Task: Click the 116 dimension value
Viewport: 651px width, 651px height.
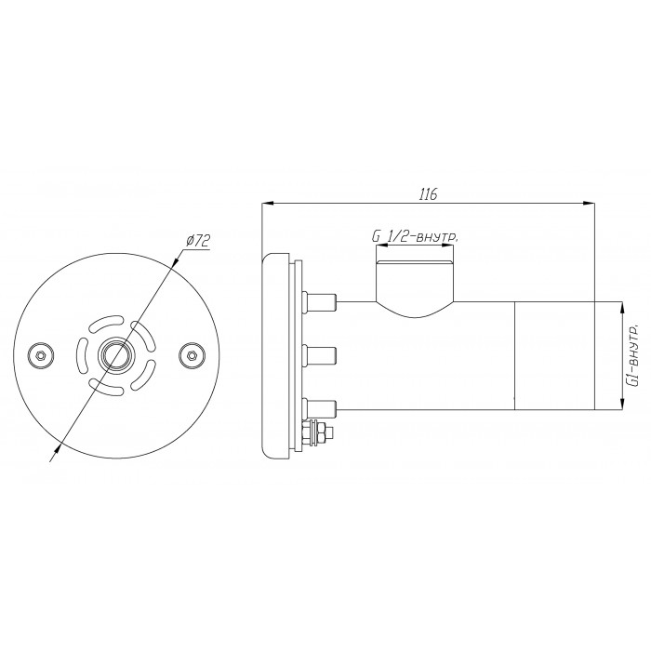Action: pyautogui.click(x=428, y=194)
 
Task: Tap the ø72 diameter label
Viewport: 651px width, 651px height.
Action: pyautogui.click(x=198, y=241)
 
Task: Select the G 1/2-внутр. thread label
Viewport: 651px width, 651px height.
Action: pyautogui.click(x=415, y=237)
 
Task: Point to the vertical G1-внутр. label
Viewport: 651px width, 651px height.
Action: pyautogui.click(x=634, y=356)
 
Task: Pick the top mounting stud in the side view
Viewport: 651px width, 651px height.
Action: pyautogui.click(x=320, y=301)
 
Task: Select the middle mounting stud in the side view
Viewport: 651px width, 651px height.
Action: pyautogui.click(x=320, y=355)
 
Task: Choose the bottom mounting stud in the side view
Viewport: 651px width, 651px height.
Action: pyautogui.click(x=320, y=409)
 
